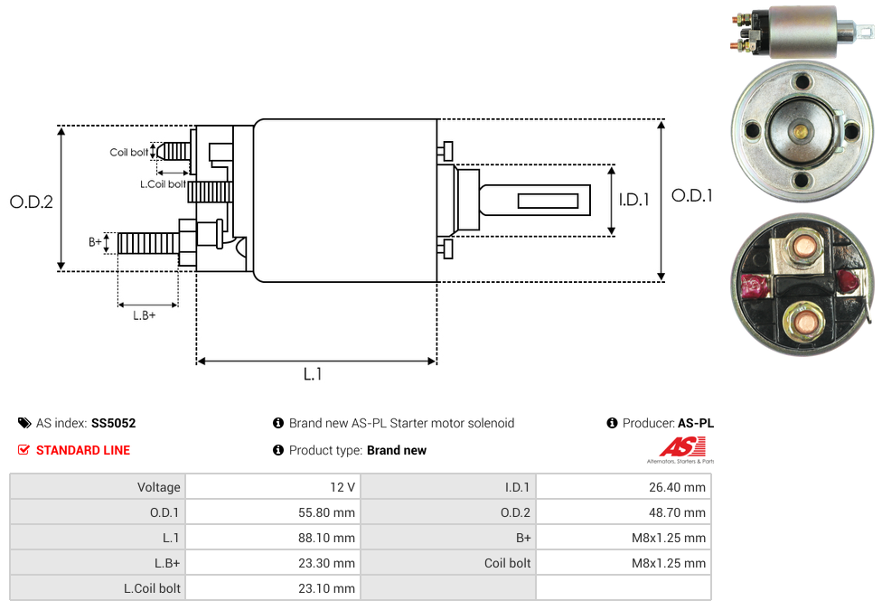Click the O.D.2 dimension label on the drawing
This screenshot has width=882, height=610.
(x=32, y=202)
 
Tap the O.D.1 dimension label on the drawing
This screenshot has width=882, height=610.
(x=692, y=195)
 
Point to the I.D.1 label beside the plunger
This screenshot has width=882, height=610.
(x=633, y=200)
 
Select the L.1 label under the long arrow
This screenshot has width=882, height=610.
(x=313, y=374)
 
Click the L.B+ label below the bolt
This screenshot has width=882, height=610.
(x=145, y=315)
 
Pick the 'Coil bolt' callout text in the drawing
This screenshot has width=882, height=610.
(x=129, y=152)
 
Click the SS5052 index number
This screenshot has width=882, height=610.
(x=113, y=423)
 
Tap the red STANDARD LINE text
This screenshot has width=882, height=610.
(x=82, y=450)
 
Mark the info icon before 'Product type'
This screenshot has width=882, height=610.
(x=278, y=450)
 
